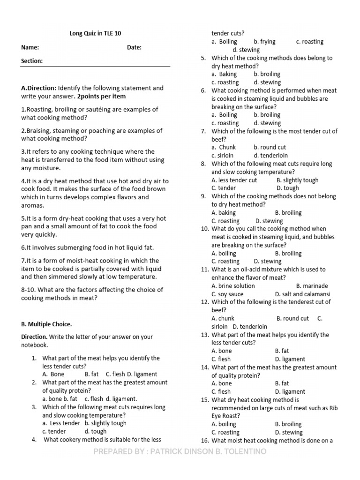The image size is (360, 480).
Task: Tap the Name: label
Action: point(30,47)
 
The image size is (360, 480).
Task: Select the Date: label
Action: point(134,47)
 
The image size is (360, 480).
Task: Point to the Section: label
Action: point(32,61)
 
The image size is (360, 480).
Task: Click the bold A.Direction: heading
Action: point(38,88)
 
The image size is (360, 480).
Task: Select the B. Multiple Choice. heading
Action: point(46,324)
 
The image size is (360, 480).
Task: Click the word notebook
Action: point(34,345)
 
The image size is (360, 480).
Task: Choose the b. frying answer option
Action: point(265,42)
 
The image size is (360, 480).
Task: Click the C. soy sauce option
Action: point(227,294)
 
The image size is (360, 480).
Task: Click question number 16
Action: point(204,441)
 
